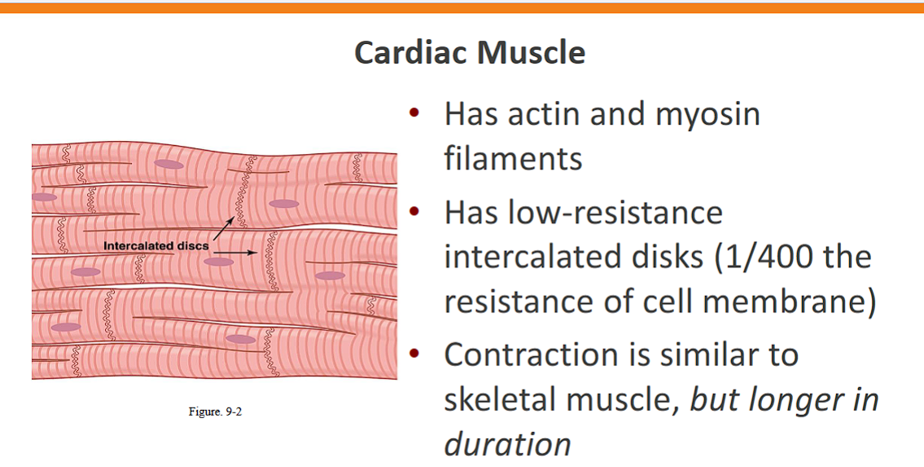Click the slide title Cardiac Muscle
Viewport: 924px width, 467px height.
click(470, 52)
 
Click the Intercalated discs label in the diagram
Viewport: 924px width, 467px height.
click(155, 245)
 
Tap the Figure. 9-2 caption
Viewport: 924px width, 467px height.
click(215, 412)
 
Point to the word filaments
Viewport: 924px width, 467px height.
click(513, 157)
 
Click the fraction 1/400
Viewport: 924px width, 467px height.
click(762, 257)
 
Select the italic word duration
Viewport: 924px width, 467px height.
click(507, 443)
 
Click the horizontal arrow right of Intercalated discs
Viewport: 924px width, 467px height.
click(235, 253)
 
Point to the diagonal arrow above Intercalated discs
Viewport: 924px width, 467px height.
click(223, 228)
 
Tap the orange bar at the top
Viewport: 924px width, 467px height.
click(462, 7)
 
